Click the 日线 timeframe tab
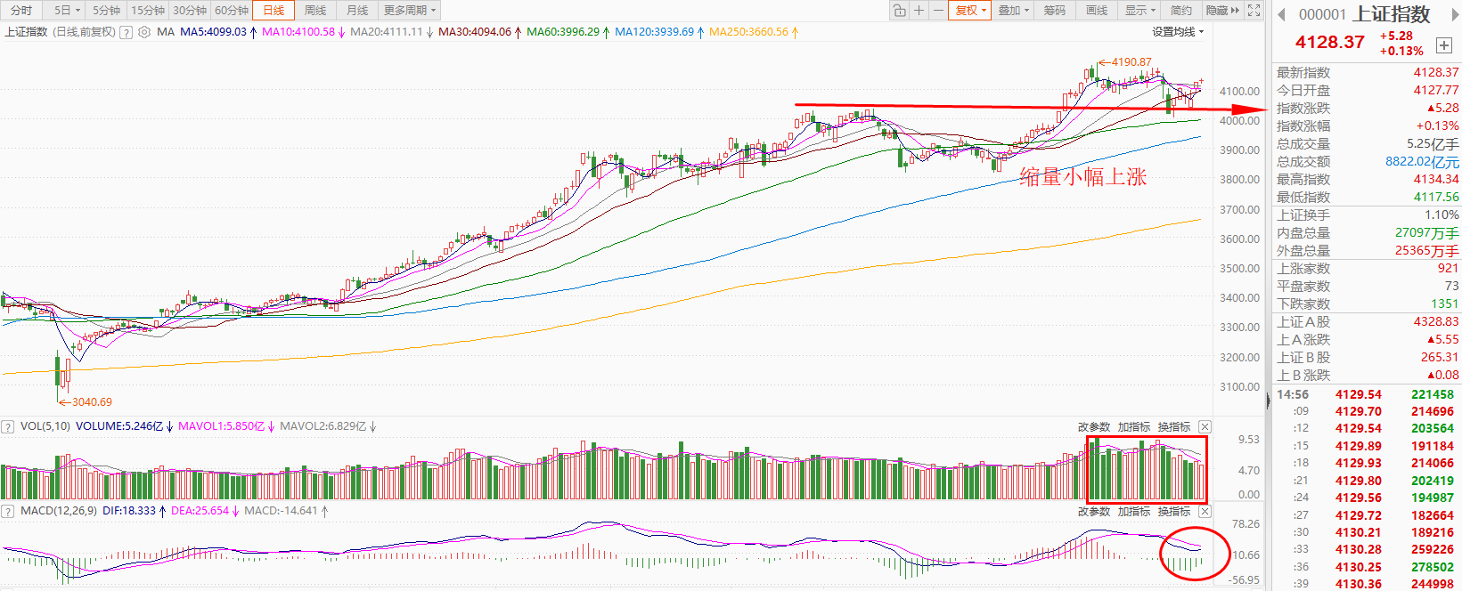[274, 11]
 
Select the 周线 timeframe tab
[315, 11]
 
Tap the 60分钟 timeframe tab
[232, 11]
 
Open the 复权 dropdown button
[969, 11]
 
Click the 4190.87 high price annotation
[1131, 62]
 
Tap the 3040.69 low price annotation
[92, 402]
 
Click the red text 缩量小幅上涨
[1082, 177]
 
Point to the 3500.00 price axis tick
[1239, 269]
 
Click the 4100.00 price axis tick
[1239, 92]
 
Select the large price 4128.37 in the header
[1329, 42]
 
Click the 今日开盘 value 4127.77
[1435, 91]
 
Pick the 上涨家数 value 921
[1448, 268]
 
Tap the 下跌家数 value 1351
[1443, 304]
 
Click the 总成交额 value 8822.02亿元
[1422, 162]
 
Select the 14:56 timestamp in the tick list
[1293, 394]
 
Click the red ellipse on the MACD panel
[1194, 554]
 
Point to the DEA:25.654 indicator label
[200, 511]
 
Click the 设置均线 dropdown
[1177, 32]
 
